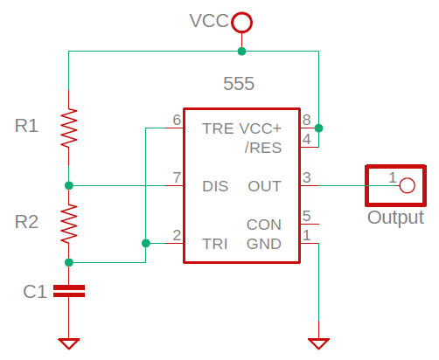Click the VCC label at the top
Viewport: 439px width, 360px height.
[209, 21]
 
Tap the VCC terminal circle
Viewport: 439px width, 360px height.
[242, 21]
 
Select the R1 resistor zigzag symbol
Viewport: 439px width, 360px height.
[69, 128]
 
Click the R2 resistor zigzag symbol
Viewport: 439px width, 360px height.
[69, 224]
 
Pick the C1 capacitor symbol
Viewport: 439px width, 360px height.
[69, 291]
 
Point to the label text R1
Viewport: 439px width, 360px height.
[27, 127]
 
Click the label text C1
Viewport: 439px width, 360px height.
[34, 292]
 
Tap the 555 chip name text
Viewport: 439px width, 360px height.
[239, 85]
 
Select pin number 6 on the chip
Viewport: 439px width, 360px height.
[178, 120]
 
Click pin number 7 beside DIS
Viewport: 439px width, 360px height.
[178, 177]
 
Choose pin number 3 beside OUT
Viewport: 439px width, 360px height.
[306, 177]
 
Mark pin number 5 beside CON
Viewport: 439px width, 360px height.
[306, 216]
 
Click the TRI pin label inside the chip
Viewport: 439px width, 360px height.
[215, 244]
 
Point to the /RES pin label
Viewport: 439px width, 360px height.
[262, 148]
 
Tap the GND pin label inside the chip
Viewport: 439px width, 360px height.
[264, 244]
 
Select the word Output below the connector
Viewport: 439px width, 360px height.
[395, 218]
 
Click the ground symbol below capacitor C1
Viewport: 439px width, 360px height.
[69, 343]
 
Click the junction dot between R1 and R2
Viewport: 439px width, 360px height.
[69, 185]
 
